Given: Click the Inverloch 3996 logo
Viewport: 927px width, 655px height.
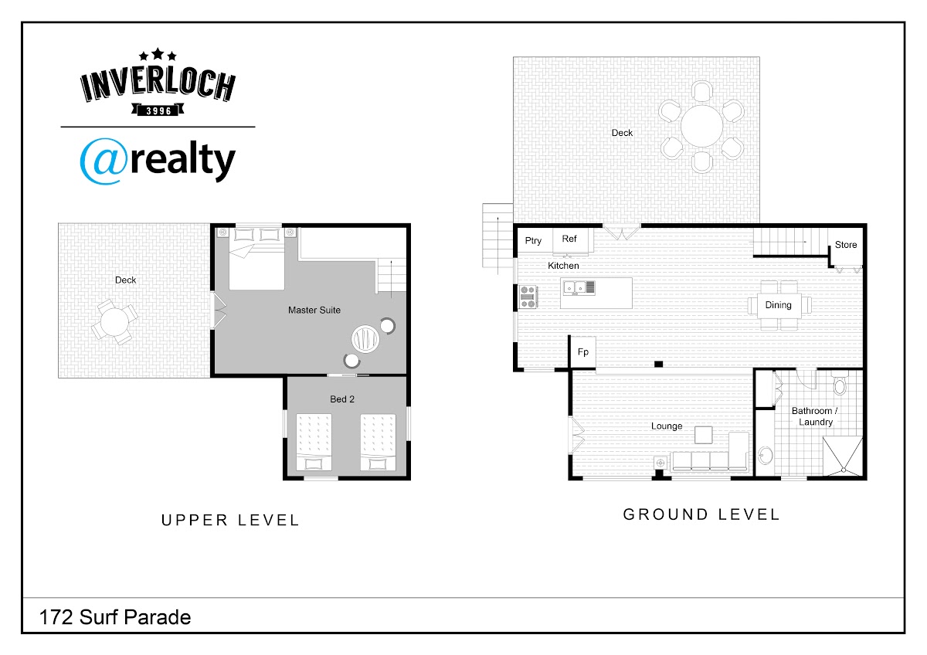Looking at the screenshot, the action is click(158, 83).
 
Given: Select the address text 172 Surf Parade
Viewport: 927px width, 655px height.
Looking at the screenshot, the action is click(115, 617).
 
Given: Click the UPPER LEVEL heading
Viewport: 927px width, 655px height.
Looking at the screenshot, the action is click(230, 520).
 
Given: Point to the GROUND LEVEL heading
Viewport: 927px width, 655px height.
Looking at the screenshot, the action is click(701, 514).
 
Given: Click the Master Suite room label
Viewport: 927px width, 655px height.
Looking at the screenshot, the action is click(314, 310).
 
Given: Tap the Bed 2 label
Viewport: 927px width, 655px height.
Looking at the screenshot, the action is click(341, 399).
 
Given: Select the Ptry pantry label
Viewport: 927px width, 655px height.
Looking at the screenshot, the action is click(533, 241).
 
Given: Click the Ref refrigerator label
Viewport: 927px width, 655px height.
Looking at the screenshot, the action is click(569, 239).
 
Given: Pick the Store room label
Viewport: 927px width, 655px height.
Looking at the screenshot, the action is click(845, 245).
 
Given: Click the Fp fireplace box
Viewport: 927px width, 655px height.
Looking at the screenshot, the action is click(583, 351).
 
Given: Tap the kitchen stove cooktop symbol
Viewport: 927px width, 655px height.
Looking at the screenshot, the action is click(528, 297).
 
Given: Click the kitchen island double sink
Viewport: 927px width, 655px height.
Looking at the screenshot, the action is click(579, 287).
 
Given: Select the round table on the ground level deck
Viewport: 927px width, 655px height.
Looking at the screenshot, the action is click(701, 126).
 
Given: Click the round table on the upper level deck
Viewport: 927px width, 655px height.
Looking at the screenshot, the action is click(114, 321).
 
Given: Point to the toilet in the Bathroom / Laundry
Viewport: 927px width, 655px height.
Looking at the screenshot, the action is click(840, 383).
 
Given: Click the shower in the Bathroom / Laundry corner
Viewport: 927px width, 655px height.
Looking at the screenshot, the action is click(842, 456).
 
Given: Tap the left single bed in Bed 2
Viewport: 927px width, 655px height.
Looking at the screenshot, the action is click(314, 442).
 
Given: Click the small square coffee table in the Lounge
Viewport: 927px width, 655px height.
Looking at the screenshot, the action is click(703, 435).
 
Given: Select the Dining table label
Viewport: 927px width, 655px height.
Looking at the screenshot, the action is click(778, 305).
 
